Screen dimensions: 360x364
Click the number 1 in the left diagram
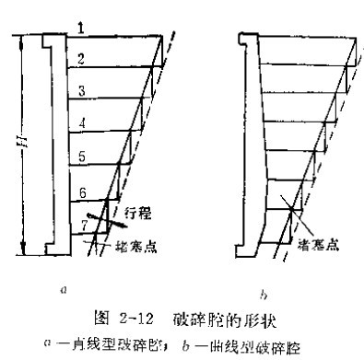tap(80, 30)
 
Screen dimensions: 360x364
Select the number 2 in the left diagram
tap(80, 59)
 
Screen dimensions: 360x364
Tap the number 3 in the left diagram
tap(80, 90)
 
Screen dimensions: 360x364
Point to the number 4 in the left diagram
tap(80, 122)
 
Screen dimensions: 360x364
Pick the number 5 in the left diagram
tap(80, 157)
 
